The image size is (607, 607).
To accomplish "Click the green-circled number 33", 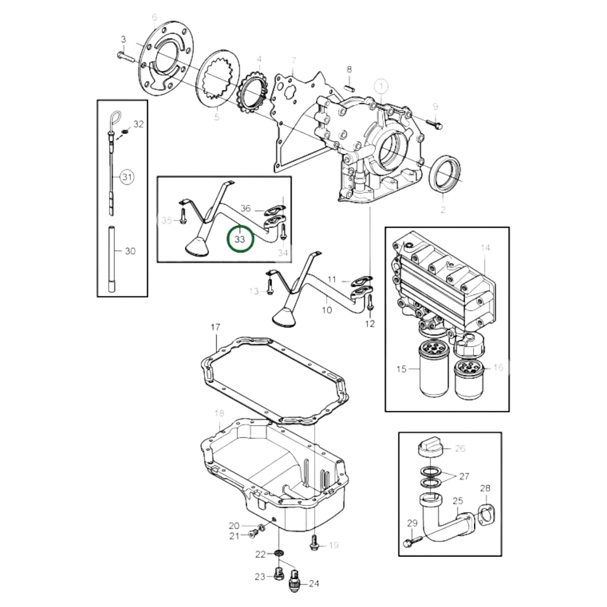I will coord(240,239).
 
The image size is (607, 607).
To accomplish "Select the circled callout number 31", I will coord(127,177).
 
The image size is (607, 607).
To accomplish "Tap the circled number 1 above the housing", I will coord(381,87).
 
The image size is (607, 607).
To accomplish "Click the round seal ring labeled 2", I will coord(445,173).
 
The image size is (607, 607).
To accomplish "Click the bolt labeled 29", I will coord(412,542).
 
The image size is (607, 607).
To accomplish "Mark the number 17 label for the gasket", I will coord(215,327).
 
